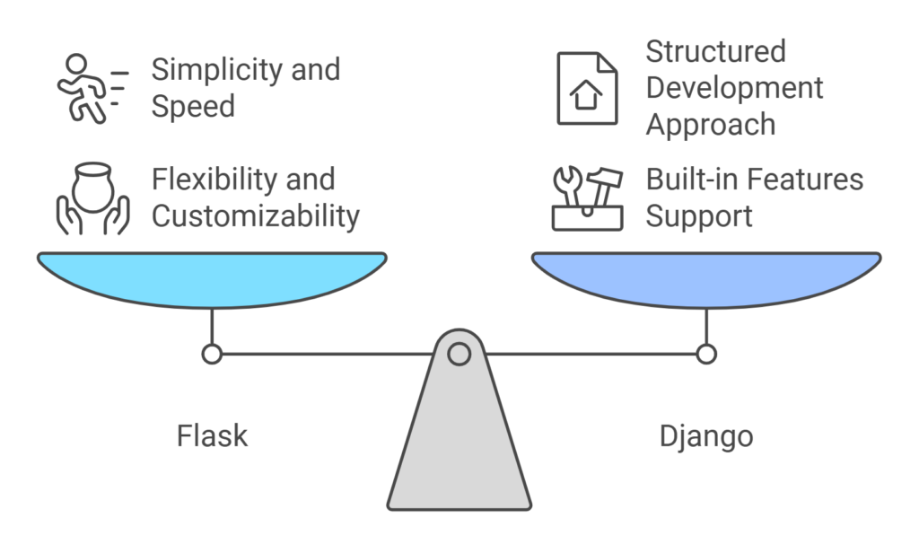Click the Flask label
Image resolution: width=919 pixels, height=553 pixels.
pyautogui.click(x=212, y=436)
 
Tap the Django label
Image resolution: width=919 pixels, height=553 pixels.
pyautogui.click(x=705, y=436)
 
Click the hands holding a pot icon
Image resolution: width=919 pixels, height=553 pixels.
pyautogui.click(x=92, y=197)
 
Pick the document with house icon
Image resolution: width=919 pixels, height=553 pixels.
pyautogui.click(x=587, y=88)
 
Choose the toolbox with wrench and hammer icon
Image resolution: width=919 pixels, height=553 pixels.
pyautogui.click(x=587, y=198)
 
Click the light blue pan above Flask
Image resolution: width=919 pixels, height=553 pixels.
pyautogui.click(x=212, y=278)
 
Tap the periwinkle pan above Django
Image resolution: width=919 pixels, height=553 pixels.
pyautogui.click(x=706, y=278)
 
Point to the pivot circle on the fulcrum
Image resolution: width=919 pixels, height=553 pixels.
pyautogui.click(x=459, y=354)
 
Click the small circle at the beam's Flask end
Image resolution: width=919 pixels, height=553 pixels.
pyautogui.click(x=212, y=354)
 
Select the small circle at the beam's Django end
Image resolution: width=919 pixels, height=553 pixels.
pyautogui.click(x=706, y=354)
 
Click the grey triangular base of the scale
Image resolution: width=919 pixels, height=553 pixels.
pyautogui.click(x=459, y=449)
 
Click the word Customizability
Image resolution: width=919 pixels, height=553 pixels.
pyautogui.click(x=255, y=216)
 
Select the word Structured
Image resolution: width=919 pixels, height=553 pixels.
pyautogui.click(x=715, y=51)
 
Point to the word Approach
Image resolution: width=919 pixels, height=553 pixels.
pyautogui.click(x=710, y=125)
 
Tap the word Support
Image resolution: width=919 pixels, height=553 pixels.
pyautogui.click(x=699, y=216)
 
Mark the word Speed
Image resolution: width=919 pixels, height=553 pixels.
pyautogui.click(x=192, y=107)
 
